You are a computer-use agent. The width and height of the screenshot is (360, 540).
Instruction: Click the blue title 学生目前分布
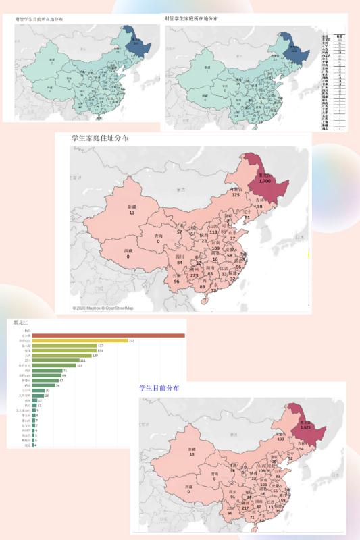coord(159,388)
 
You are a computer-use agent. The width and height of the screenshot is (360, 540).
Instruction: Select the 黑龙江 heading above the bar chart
coord(21,323)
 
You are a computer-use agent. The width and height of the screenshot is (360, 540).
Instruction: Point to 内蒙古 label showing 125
coord(236,192)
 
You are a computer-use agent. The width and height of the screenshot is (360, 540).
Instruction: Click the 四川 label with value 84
coord(161,260)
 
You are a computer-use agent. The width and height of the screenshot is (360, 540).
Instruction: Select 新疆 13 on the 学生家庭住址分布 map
coord(132,210)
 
